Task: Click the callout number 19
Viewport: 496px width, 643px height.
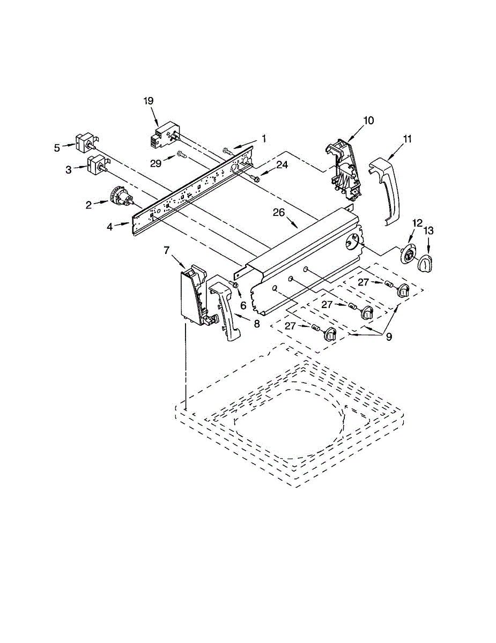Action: click(149, 100)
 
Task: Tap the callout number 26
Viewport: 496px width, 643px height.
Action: click(278, 213)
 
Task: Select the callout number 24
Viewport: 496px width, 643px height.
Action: click(282, 165)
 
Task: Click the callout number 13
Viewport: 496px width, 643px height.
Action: click(428, 231)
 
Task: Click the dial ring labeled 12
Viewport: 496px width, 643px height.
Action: click(409, 255)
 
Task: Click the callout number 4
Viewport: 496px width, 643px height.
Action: click(110, 227)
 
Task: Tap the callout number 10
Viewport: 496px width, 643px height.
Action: click(368, 120)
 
